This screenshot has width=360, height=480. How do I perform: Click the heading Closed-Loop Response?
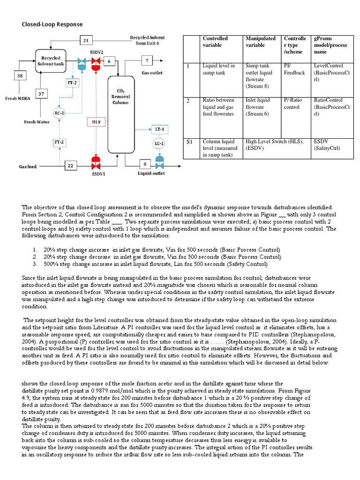pos(53,24)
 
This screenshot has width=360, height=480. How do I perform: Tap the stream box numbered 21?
pos(85,41)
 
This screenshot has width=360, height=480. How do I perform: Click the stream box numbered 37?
pos(42,94)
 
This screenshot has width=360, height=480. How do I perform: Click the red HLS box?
pos(96,122)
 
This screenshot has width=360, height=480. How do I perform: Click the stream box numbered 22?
pos(71,166)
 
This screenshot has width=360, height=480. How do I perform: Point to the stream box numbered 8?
pos(145,164)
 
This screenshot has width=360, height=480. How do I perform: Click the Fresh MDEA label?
pos(17,98)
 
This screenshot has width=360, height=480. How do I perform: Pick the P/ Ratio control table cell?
pos(294,104)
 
